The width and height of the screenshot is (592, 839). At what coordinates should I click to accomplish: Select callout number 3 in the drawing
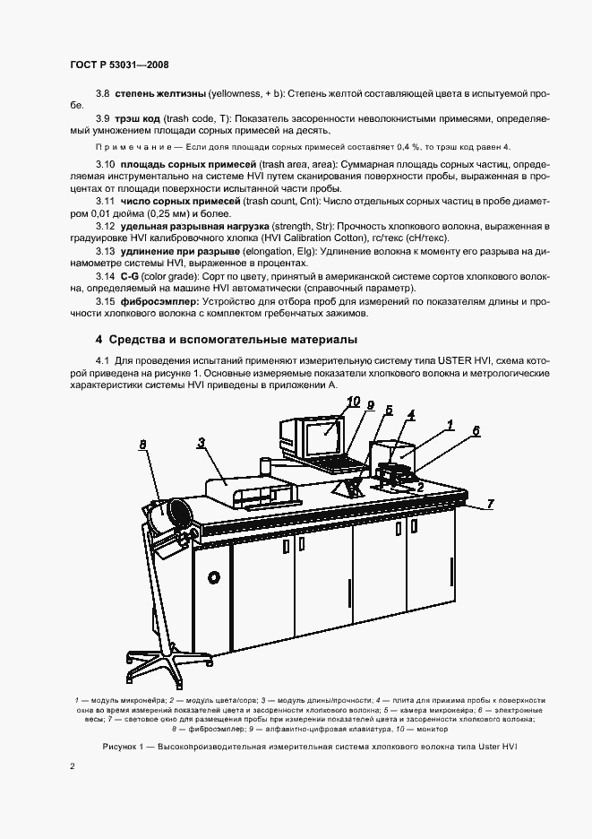(x=202, y=442)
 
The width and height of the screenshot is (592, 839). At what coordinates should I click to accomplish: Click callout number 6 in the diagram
(x=476, y=431)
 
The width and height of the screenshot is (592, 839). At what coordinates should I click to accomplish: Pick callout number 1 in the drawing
(x=451, y=424)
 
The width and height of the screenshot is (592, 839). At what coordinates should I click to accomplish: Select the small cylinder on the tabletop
(x=266, y=466)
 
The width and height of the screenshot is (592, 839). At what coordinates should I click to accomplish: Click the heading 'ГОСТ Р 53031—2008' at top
(x=119, y=65)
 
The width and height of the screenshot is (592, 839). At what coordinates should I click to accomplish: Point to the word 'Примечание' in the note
(x=125, y=146)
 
